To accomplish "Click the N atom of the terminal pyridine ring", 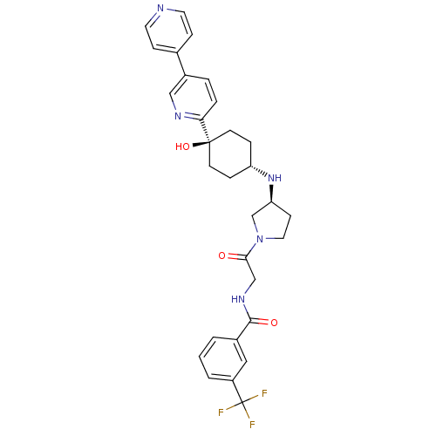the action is (160, 8).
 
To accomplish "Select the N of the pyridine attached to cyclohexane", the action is (178, 116).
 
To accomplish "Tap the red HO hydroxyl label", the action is (182, 146).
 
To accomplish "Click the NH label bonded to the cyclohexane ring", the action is (275, 177).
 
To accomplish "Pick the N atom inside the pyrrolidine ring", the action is (260, 239).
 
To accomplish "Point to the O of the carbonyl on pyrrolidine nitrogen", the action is (222, 255).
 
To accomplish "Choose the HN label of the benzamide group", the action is (238, 299).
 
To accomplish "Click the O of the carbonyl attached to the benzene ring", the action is (274, 323).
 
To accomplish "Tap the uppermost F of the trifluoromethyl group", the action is (264, 393).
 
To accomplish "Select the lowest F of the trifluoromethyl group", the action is (252, 425).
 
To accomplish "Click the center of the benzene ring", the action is (223, 359).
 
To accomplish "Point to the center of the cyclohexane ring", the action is (230, 154).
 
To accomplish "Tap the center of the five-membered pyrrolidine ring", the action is (270, 223).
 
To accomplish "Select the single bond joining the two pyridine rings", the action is (181, 64).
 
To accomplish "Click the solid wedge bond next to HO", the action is (201, 144).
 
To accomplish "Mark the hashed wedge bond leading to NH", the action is (259, 171).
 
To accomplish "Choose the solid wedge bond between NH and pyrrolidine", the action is (271, 194).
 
